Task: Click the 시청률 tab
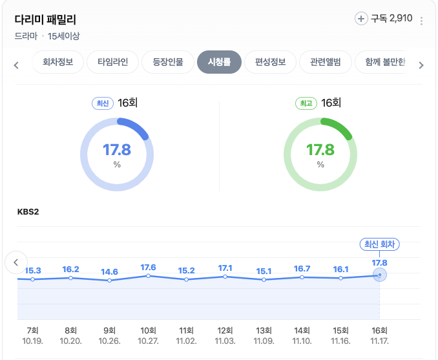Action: [219, 63]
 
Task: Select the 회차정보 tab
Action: [57, 63]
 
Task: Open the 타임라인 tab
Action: [112, 63]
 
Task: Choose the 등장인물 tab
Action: [167, 63]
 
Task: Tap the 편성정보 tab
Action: [270, 63]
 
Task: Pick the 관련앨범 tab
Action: [325, 63]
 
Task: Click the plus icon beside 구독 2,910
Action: [361, 19]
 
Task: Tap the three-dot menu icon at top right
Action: [422, 21]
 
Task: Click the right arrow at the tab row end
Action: [421, 65]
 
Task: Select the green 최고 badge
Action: [306, 103]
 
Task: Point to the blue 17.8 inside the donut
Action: [117, 150]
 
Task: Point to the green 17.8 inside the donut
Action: [320, 150]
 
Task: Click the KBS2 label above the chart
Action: [28, 211]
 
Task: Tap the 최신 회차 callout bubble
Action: [380, 244]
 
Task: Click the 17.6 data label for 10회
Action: [148, 267]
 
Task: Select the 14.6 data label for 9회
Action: [109, 271]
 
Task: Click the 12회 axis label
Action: [225, 330]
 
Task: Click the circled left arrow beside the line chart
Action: [16, 262]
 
